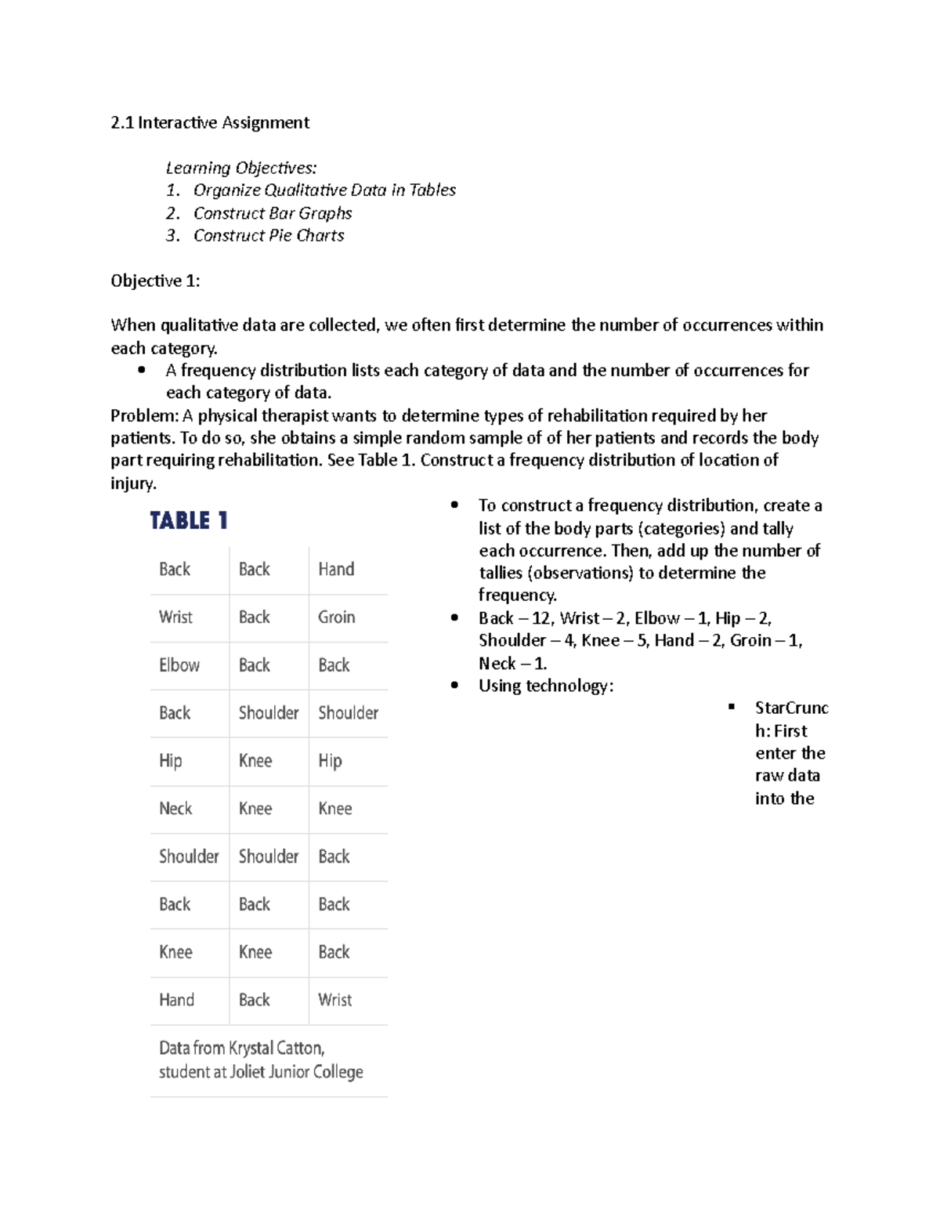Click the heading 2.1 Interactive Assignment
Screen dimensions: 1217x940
click(209, 122)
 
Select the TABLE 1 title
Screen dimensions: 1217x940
click(189, 521)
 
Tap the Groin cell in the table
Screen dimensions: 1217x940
click(336, 617)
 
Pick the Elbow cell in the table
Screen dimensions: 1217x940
click(179, 665)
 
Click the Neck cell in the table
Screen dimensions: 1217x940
click(175, 808)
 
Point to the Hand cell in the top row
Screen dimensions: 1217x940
click(336, 569)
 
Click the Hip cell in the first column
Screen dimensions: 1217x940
click(171, 760)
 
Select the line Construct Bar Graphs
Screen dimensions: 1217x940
click(272, 213)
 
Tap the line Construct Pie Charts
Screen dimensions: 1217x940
click(268, 235)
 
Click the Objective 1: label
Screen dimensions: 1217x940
click(155, 281)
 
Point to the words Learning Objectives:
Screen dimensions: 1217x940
click(240, 168)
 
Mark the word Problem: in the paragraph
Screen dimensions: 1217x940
click(144, 415)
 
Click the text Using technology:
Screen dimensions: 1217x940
click(546, 686)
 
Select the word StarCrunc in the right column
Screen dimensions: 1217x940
click(790, 708)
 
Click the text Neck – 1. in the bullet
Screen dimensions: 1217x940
click(512, 663)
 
